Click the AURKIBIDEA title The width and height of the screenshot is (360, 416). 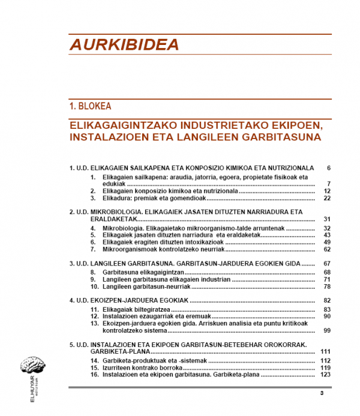coord(124,45)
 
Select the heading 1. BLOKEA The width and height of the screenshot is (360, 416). coord(91,106)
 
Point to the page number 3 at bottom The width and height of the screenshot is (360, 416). coord(322,393)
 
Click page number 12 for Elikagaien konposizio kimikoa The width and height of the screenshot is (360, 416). coord(326,191)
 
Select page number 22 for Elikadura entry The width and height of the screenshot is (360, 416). coord(326,198)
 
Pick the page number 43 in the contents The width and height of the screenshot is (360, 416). coord(326,235)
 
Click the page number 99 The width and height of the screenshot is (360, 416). coord(326,330)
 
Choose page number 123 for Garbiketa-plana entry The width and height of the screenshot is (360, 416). coord(326,375)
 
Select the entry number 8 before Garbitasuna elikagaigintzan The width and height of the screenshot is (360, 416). coord(94,272)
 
